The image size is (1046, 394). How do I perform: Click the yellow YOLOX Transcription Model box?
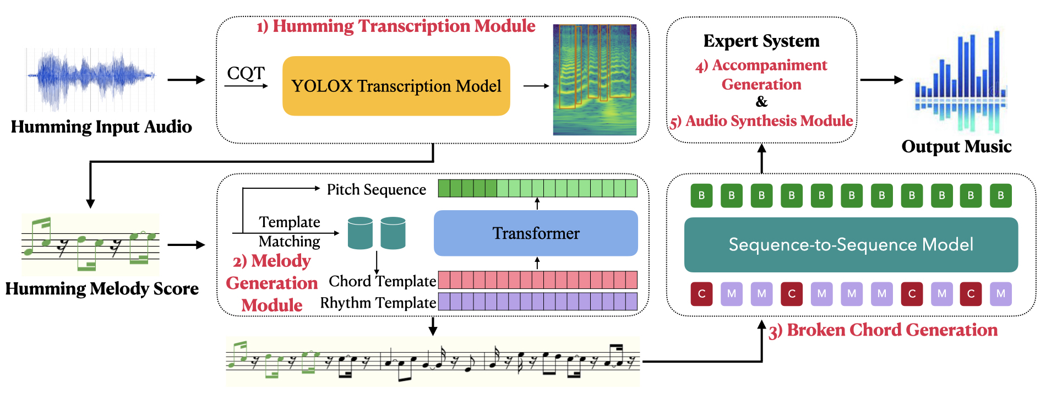pyautogui.click(x=396, y=86)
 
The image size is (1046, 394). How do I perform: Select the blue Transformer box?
pyautogui.click(x=536, y=233)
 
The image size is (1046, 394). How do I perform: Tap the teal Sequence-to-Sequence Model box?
pyautogui.click(x=851, y=244)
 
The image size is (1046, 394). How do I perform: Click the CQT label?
pyautogui.click(x=246, y=73)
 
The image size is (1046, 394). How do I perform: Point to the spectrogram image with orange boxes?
pyautogui.click(x=595, y=80)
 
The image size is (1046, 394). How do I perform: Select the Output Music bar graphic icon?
pyautogui.click(x=961, y=83)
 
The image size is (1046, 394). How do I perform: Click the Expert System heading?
pyautogui.click(x=761, y=41)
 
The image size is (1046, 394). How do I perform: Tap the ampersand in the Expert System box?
pyautogui.click(x=761, y=102)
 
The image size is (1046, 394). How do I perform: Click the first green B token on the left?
pyautogui.click(x=701, y=195)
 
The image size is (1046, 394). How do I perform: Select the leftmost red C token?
pyautogui.click(x=701, y=293)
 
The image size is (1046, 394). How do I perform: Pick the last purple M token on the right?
pyautogui.click(x=1000, y=293)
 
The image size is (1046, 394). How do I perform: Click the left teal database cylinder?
pyautogui.click(x=360, y=233)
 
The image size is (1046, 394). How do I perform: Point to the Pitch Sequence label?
pyautogui.click(x=377, y=190)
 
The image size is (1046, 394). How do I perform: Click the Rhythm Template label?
pyautogui.click(x=378, y=303)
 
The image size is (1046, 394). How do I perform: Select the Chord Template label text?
pyautogui.click(x=382, y=281)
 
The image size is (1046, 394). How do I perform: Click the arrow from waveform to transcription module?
pyautogui.click(x=186, y=80)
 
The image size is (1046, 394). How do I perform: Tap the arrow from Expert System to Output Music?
pyautogui.click(x=881, y=80)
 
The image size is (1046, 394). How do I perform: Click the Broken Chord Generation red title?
pyautogui.click(x=884, y=330)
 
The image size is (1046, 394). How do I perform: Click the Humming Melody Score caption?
pyautogui.click(x=102, y=289)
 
